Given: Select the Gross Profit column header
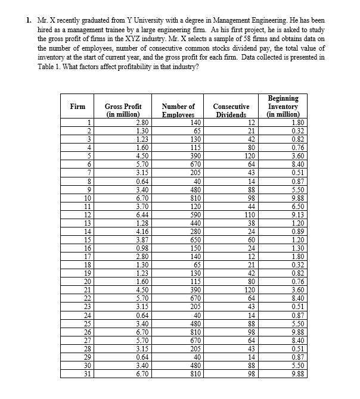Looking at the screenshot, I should [123, 110].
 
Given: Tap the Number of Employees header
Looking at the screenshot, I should [178, 110].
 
